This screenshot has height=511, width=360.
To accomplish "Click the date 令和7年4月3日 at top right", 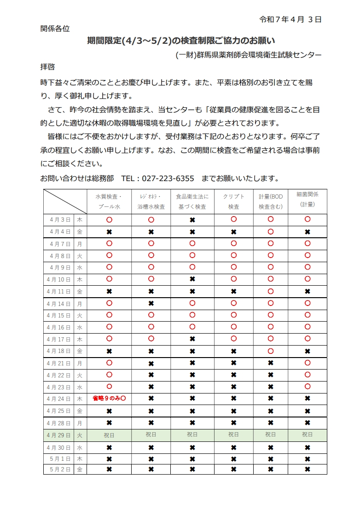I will [290, 19].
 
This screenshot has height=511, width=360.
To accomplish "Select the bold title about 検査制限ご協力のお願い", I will [181, 41].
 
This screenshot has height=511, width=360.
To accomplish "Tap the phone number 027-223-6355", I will [168, 178].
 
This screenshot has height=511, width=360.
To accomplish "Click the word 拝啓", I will [48, 67].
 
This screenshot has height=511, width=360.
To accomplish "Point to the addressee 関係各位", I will [55, 29].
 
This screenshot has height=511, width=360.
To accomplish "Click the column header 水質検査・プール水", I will [109, 201].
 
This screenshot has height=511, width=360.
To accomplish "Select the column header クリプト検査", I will [233, 201].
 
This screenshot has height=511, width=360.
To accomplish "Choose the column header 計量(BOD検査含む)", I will [271, 201].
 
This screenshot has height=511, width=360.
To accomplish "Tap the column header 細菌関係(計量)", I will [308, 199].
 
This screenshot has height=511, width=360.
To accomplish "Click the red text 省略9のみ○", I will [109, 399].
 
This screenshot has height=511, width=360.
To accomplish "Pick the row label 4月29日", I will [58, 435].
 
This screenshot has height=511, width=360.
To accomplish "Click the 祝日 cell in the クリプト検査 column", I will [233, 435].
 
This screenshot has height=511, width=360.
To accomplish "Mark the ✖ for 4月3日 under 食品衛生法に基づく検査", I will [192, 220].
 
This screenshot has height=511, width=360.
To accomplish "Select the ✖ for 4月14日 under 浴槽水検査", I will [151, 304].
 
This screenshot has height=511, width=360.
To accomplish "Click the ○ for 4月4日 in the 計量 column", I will [271, 232].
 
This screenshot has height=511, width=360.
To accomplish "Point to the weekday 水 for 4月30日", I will [80, 447].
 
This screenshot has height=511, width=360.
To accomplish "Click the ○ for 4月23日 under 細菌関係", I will [308, 387].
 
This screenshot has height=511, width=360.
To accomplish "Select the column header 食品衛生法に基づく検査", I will [192, 201].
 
